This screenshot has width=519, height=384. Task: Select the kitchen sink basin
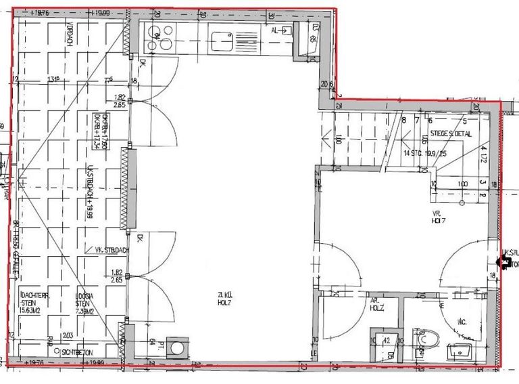tap(222, 38)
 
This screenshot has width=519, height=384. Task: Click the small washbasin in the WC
tap(462, 351)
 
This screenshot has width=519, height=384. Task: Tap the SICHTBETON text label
tap(78, 353)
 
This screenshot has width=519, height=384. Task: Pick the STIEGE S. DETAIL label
tap(449, 135)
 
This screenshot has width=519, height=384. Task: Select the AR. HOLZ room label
tap(376, 303)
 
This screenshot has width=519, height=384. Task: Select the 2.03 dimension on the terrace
tap(68, 335)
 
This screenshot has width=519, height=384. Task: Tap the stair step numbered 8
tap(404, 121)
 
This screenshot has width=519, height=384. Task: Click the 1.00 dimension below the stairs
tap(462, 184)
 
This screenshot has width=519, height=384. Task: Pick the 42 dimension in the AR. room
tap(385, 341)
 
